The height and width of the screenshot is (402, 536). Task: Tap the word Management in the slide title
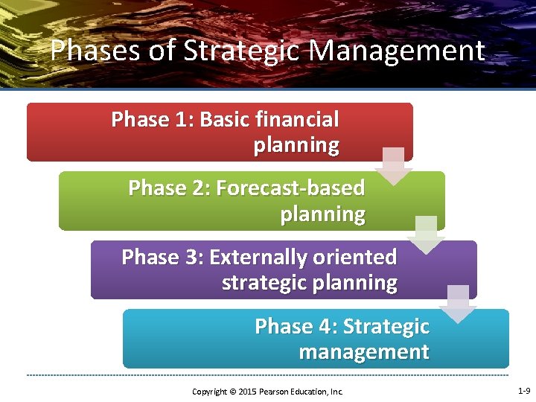tap(397, 51)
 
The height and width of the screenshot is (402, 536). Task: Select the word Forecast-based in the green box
tap(290, 188)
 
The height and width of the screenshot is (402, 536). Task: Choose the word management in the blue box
tap(364, 352)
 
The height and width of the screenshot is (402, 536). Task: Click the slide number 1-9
tap(523, 391)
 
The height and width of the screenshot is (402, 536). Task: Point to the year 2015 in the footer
tap(247, 392)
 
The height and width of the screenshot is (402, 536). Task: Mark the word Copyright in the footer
tap(209, 392)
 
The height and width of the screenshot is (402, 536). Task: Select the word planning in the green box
tap(322, 214)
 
